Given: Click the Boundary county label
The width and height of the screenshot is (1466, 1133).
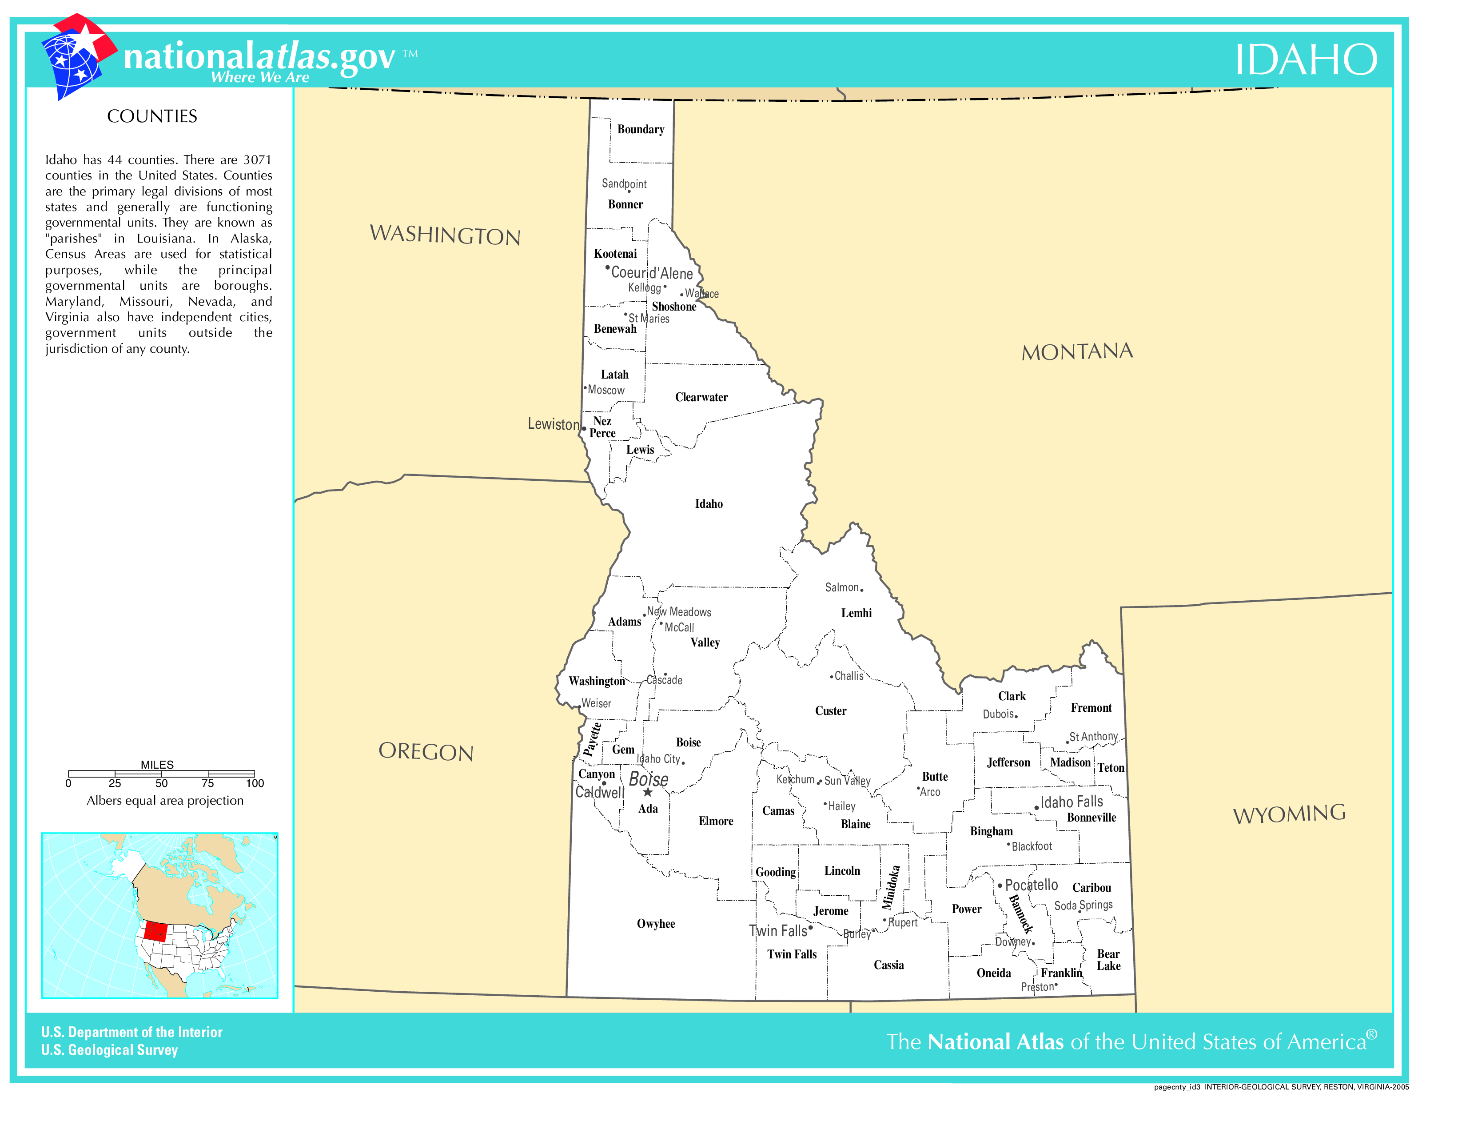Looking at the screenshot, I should [640, 130].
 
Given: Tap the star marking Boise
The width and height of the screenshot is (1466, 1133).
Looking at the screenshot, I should [648, 792].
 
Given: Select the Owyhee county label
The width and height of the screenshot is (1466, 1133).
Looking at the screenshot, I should [656, 924].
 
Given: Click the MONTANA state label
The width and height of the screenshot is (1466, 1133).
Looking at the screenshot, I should [1077, 351].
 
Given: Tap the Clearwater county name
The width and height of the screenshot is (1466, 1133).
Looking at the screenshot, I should [701, 397].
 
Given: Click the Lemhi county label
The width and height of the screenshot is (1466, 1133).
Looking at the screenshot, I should [856, 613].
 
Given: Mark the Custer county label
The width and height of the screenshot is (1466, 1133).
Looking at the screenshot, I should [830, 711].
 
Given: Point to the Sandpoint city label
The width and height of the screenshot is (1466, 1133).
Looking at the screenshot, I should [624, 183].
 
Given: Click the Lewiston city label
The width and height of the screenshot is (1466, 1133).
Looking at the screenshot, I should [553, 424].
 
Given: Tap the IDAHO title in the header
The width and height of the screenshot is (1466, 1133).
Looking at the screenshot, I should [1306, 60].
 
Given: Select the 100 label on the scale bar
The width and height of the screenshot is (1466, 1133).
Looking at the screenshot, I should [255, 783].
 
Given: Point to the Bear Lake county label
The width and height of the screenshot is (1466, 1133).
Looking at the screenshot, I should [1108, 960].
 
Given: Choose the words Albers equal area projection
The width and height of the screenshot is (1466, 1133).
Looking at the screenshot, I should [165, 800].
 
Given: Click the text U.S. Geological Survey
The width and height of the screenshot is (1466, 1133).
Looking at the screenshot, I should [109, 1050].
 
